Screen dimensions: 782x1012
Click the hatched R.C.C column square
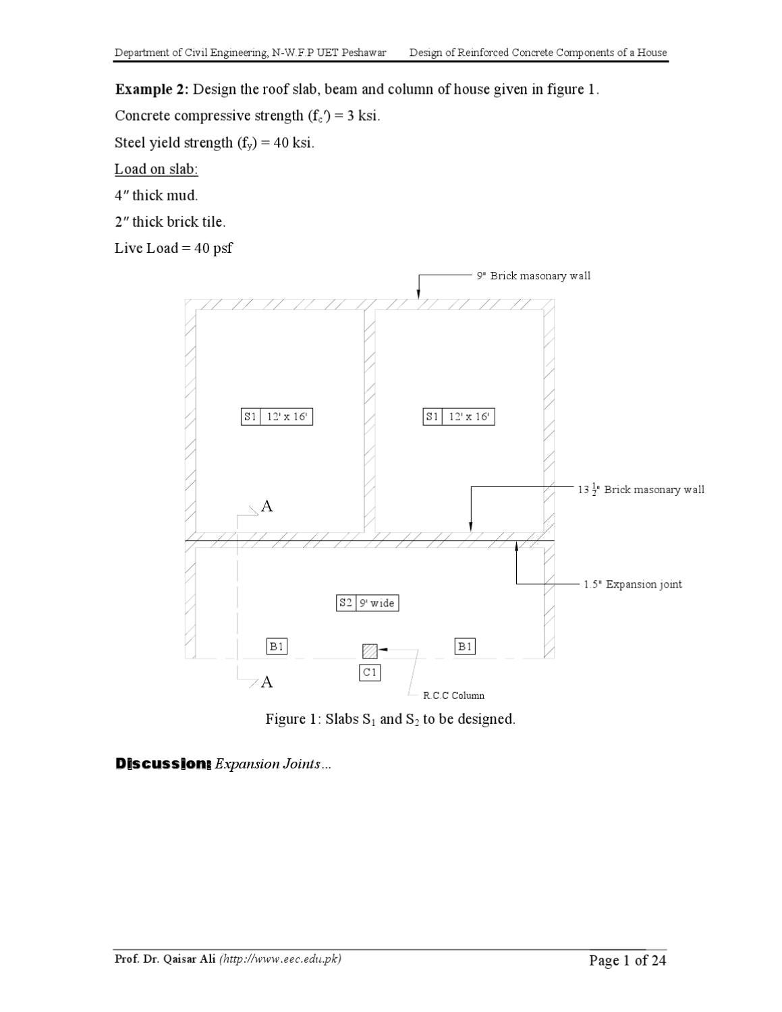pos(370,650)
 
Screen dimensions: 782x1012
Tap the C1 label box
pos(370,673)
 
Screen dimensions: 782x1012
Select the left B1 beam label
pos(277,646)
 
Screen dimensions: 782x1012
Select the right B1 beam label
pos(465,646)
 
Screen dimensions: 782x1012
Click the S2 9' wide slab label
pos(368,603)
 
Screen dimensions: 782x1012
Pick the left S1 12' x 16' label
pos(277,416)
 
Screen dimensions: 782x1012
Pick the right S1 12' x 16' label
pos(459,416)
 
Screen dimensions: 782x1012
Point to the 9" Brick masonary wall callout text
pos(533,276)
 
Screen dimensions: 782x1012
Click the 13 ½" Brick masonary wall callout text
pos(641,489)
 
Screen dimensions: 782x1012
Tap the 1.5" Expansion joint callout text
pos(632,584)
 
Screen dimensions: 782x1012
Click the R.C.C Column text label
pos(453,696)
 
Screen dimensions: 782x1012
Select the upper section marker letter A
pos(267,506)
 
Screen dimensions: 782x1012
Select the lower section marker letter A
pos(267,682)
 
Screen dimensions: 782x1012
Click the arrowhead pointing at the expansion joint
pos(516,546)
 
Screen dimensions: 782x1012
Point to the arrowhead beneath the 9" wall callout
pos(418,293)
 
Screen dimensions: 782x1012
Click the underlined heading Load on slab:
pos(157,169)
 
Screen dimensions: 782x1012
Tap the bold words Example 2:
pos(152,89)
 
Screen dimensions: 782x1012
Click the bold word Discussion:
pos(163,764)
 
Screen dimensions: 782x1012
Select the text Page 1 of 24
pos(627,960)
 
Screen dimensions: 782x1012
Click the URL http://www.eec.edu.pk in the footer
pos(281,959)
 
